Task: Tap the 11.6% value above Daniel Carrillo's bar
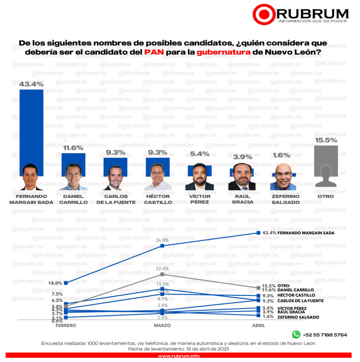coord(73,148)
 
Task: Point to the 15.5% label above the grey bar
coord(326,140)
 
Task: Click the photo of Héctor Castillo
coord(158,177)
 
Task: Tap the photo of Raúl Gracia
coord(242,177)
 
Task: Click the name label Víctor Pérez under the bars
coord(199,199)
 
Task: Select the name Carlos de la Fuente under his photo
coord(115,199)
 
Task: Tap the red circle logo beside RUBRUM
coord(263,14)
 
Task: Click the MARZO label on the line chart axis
coord(162,325)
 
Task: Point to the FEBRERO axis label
coord(66,325)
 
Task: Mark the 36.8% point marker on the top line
coord(162,246)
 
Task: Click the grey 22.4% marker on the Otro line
coord(162,274)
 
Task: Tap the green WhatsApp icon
coord(296,334)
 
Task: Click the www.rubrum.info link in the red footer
coord(179,356)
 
